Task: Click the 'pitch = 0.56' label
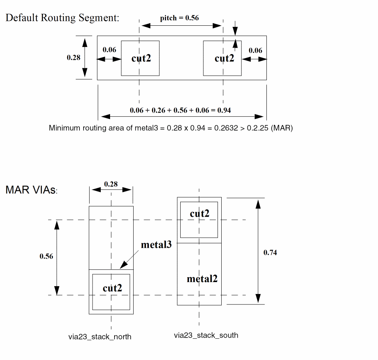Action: [179, 18]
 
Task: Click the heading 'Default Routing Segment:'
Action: [62, 18]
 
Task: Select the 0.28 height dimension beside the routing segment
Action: [74, 57]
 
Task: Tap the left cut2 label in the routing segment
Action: [141, 58]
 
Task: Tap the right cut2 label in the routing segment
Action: [224, 58]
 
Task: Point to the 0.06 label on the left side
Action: [109, 50]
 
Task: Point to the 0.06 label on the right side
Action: [255, 50]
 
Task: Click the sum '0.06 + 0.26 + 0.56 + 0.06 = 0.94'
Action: [180, 110]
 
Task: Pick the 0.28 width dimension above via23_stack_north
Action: [111, 184]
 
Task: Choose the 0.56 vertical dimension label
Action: [46, 256]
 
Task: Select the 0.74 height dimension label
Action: [270, 253]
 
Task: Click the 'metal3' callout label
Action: [156, 245]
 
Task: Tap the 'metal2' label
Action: [202, 279]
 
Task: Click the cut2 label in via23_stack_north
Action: [112, 288]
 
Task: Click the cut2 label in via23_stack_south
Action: [200, 214]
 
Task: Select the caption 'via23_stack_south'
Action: [206, 335]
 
